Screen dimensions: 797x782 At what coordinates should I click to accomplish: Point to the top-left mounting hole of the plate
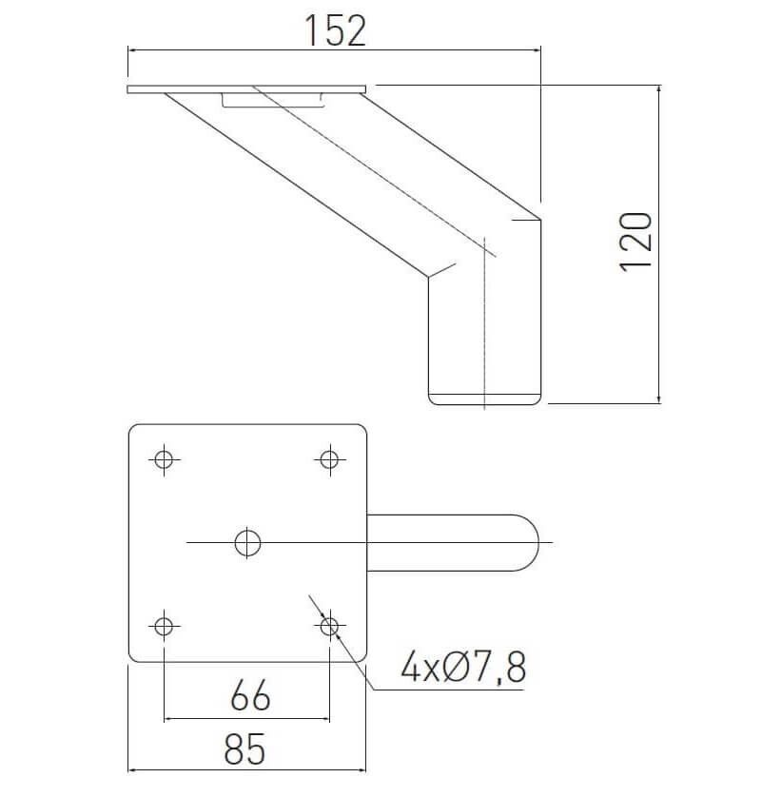coord(165,459)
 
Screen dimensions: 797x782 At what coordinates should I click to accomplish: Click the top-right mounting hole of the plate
coord(329,459)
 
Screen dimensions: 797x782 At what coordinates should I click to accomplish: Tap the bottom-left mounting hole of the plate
coord(165,626)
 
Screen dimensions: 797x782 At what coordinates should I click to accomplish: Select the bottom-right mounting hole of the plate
coord(329,626)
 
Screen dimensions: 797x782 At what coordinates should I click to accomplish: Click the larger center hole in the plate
coord(247,542)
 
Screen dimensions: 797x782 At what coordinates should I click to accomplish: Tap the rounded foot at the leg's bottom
coord(485,398)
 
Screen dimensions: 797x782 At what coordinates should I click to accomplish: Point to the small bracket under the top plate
coord(271,101)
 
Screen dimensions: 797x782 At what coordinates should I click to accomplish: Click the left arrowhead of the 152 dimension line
coord(131,51)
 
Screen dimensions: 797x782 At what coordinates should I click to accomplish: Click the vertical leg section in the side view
coord(485,333)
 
